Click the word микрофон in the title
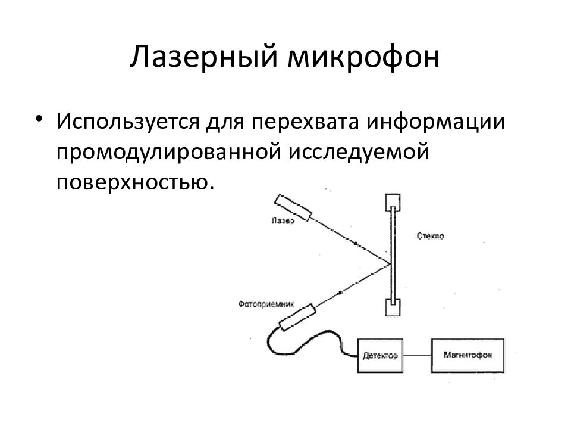363,58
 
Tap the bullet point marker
39,119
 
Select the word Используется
127,122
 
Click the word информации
436,122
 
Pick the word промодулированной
169,153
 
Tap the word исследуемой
359,153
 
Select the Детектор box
380,356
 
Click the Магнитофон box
468,356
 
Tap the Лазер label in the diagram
283,220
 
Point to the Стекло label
431,236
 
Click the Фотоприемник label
266,304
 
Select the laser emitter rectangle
293,207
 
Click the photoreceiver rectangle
297,318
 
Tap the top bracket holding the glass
393,202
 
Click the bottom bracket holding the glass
393,307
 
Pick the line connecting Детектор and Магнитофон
418,355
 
